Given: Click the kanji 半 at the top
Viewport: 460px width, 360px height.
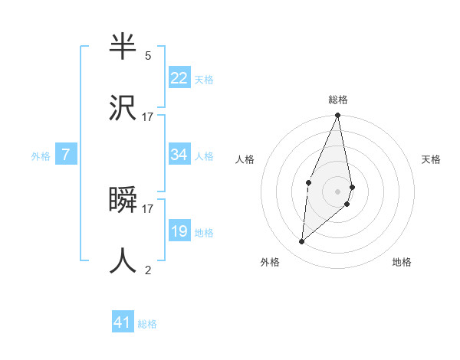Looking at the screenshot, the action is coord(123,47).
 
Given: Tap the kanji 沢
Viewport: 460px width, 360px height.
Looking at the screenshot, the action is coord(123,108).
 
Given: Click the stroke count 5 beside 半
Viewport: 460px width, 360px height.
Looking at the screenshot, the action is coord(148,56).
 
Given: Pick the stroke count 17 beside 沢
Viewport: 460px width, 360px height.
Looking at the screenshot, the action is coord(148,116).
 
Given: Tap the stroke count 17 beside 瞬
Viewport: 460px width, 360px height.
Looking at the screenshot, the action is coord(148,208).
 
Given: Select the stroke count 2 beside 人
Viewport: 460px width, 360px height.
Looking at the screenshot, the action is coord(148,270).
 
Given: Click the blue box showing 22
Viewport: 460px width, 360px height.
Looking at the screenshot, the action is coord(179,78).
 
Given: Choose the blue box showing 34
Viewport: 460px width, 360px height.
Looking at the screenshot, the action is coord(179,155).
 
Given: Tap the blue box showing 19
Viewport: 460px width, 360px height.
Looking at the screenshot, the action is coord(179,231).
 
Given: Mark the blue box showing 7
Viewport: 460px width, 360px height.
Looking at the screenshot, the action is coord(66,155).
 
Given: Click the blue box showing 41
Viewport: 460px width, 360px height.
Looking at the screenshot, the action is coord(123,322).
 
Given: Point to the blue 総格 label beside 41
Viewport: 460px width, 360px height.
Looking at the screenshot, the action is coord(147,324).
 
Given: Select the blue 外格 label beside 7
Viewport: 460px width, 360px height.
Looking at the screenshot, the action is coord(41,156).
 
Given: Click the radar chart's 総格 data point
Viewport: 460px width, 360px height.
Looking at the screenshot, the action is coord(337,116).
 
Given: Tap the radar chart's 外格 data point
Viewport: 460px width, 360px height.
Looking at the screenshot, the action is coord(302,242).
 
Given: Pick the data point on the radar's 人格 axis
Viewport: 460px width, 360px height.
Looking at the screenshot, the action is coord(308,182).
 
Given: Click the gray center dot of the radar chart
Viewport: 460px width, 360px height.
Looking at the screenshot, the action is coord(337,191).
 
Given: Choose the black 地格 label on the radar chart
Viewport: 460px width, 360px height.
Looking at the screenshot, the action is coord(402,262).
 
